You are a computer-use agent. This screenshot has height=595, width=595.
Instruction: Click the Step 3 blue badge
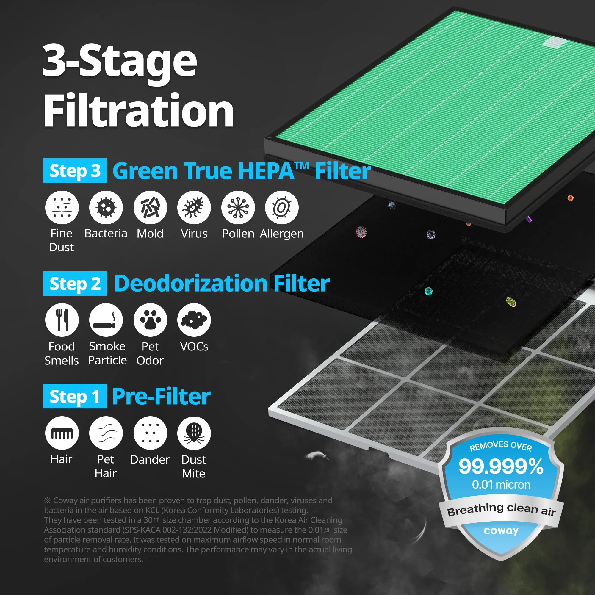click(x=75, y=170)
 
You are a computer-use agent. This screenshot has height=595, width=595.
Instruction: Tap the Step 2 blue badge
click(x=75, y=283)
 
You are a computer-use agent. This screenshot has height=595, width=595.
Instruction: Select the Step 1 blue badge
click(x=75, y=396)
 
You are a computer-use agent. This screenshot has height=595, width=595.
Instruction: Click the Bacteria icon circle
click(x=106, y=208)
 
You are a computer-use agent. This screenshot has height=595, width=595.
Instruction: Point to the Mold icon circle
click(x=150, y=208)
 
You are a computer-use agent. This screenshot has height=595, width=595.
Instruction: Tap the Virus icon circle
click(x=194, y=208)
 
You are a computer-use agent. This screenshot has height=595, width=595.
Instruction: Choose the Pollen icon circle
click(x=238, y=208)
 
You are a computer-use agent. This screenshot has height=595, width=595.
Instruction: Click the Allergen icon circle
click(x=282, y=208)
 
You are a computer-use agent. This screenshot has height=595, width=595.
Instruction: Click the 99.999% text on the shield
click(x=501, y=466)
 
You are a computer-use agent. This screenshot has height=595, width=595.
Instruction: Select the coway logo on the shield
click(x=501, y=531)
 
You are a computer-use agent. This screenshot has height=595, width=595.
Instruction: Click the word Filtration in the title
click(x=139, y=110)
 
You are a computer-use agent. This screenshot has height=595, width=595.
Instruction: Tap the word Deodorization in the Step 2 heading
click(x=191, y=283)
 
